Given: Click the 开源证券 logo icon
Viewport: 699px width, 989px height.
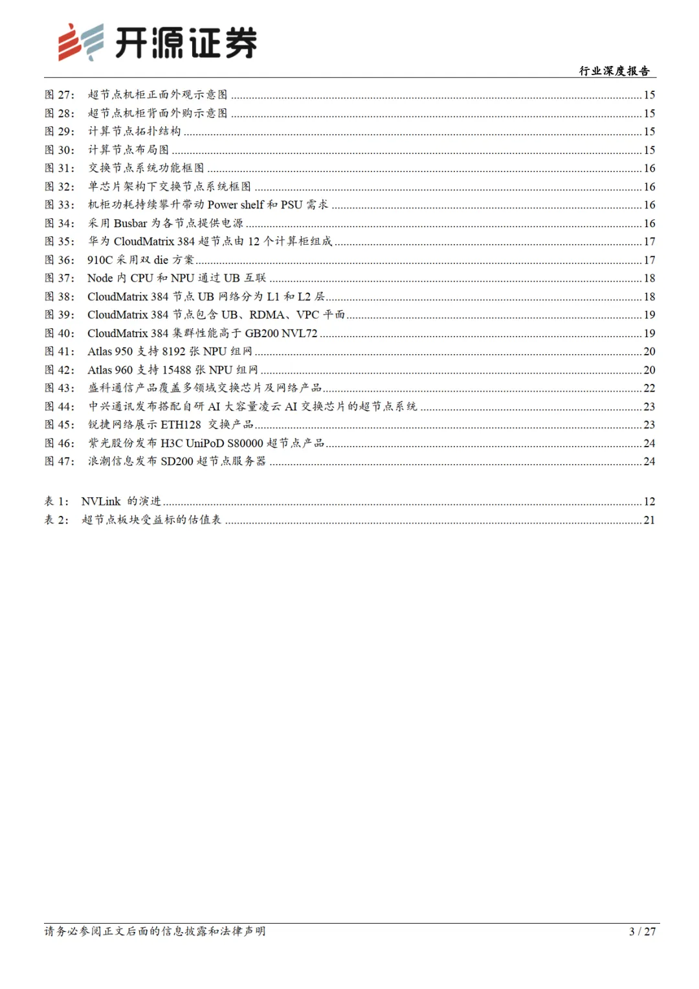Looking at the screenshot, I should coord(81,42).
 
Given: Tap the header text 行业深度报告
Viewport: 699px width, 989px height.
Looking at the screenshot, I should coord(614,71).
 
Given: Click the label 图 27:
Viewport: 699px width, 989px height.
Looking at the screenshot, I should coord(60,94).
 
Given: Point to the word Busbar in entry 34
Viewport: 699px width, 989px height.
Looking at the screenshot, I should coord(131,223).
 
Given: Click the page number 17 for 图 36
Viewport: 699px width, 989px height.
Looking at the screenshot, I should coord(649,260).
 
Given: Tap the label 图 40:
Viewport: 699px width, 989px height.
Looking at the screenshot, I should coord(60,333).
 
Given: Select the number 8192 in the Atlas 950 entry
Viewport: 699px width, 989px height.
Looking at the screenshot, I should coord(173,351).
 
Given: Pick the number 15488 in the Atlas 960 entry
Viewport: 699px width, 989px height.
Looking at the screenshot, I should coord(177,370).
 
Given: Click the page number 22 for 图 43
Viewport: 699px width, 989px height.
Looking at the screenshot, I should coord(649,388).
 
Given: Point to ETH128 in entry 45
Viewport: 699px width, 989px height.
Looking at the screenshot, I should coord(181,425).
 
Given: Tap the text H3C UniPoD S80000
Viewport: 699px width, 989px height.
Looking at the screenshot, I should coord(212,443).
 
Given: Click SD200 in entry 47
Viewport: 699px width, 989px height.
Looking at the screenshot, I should coord(177,461).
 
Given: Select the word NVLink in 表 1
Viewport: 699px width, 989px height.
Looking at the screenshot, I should coord(101,502).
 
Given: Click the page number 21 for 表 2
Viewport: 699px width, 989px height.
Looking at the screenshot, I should coord(649,520).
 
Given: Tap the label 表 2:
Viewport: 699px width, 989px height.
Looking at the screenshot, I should coord(56,520).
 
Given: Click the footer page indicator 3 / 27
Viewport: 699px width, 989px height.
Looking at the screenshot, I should coord(642,931).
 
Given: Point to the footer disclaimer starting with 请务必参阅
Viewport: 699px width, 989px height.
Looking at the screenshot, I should coord(155,931).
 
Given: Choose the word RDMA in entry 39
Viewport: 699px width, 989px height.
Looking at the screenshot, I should coord(267,315).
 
